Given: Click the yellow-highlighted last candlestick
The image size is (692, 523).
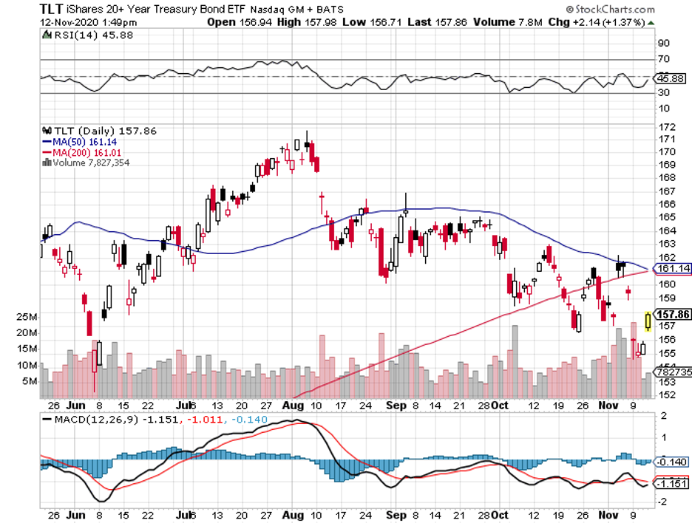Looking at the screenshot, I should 648,321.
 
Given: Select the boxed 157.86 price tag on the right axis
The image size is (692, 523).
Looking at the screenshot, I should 671,314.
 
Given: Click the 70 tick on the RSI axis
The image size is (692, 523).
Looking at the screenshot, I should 664,58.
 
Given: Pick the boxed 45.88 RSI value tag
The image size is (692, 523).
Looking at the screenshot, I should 671,78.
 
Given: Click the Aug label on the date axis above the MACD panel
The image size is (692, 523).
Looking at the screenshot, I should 293,406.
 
